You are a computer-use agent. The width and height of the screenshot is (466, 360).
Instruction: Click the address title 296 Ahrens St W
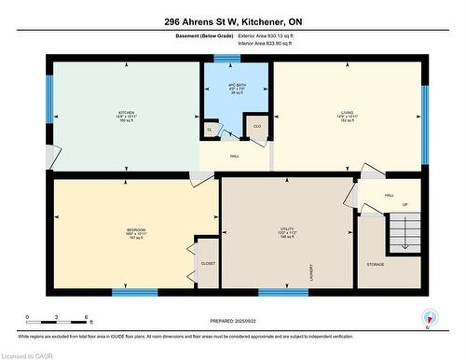point(232,21)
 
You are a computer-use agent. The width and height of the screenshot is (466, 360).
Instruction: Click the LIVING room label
point(347,115)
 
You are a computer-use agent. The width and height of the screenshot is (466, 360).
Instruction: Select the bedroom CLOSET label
point(207,263)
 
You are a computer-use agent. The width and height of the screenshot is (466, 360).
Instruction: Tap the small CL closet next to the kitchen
point(210,130)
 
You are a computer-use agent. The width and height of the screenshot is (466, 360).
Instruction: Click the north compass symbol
point(429,317)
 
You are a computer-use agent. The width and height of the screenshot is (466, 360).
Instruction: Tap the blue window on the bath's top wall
point(226,59)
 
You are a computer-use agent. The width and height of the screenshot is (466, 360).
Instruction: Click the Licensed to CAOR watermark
point(27,353)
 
